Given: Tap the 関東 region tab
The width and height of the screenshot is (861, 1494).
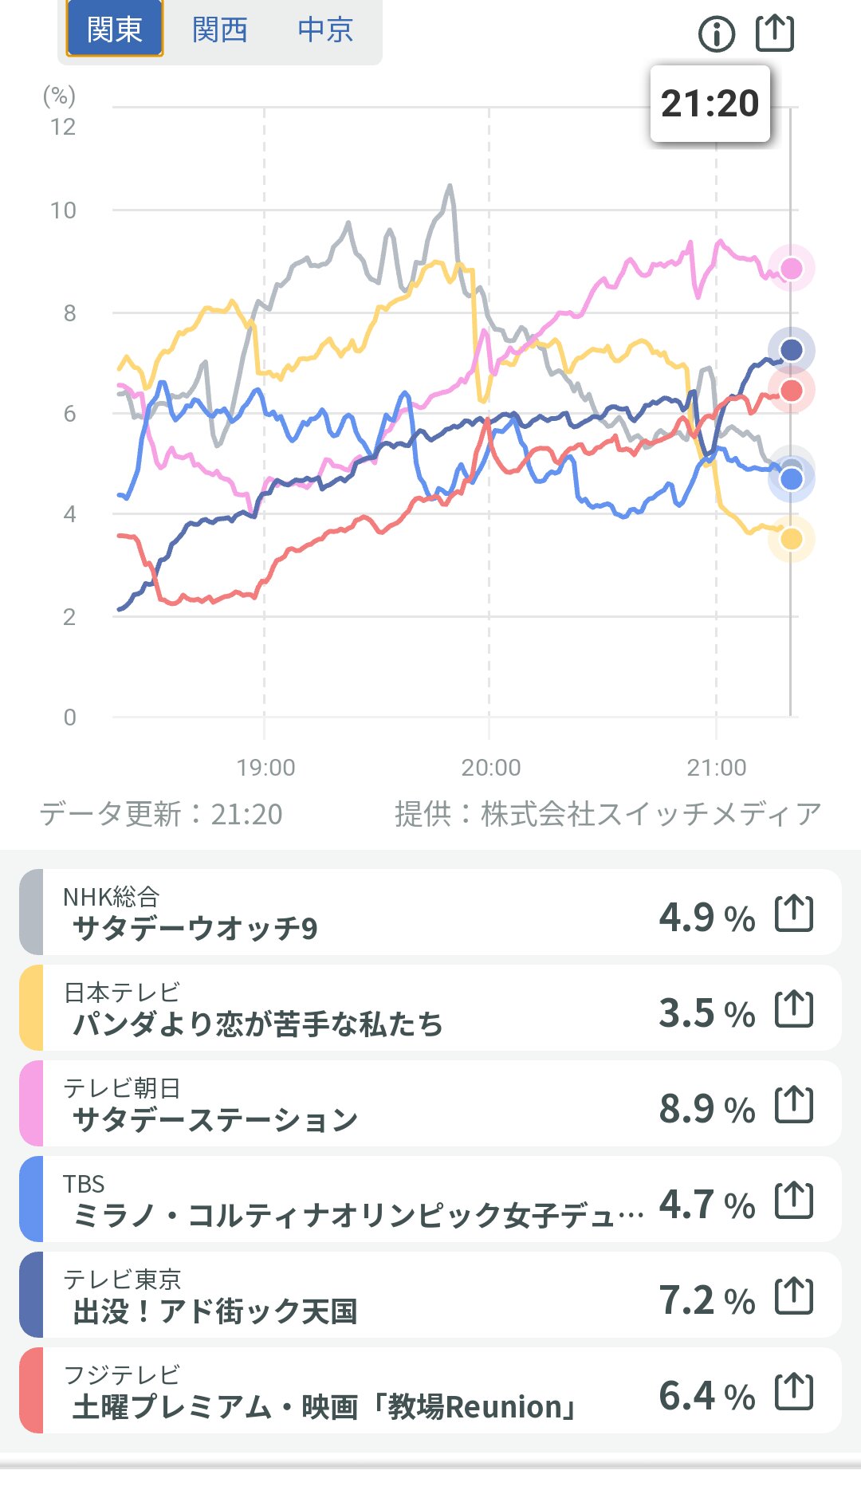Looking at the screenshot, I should (114, 29).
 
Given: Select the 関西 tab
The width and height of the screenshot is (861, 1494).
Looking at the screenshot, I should (220, 29).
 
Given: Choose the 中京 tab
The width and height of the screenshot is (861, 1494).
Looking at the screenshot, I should (325, 29).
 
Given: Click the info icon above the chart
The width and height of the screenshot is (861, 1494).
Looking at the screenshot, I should (716, 33).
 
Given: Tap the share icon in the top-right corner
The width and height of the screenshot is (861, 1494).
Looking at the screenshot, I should (774, 33).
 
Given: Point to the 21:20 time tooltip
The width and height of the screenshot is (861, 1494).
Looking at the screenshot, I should (710, 104).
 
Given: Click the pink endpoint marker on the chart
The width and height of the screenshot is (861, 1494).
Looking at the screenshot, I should (791, 269).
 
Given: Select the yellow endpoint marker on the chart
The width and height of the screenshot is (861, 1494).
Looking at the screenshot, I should (791, 539).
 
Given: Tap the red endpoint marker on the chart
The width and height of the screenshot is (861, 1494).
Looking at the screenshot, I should (791, 391).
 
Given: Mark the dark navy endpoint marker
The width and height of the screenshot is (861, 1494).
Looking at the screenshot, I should (791, 350).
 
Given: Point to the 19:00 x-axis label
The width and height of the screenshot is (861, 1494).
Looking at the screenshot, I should (265, 768).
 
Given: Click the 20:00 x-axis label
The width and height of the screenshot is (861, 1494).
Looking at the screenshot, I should (490, 768).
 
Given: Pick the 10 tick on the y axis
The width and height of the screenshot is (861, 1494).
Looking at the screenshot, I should (63, 210).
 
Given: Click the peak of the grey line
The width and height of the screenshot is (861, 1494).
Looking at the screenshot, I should (450, 186).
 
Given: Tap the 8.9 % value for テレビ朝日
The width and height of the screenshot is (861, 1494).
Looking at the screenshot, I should (706, 1108).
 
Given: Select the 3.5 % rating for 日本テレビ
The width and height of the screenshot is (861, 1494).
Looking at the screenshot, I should (706, 1012).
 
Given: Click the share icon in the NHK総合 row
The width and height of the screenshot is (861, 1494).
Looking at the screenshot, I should (794, 914).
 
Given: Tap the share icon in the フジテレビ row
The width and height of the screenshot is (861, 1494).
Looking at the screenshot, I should (794, 1392).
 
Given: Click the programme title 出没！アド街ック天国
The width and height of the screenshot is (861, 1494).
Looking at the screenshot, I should (214, 1311).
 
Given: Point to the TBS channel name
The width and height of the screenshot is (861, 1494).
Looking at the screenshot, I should (84, 1184).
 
